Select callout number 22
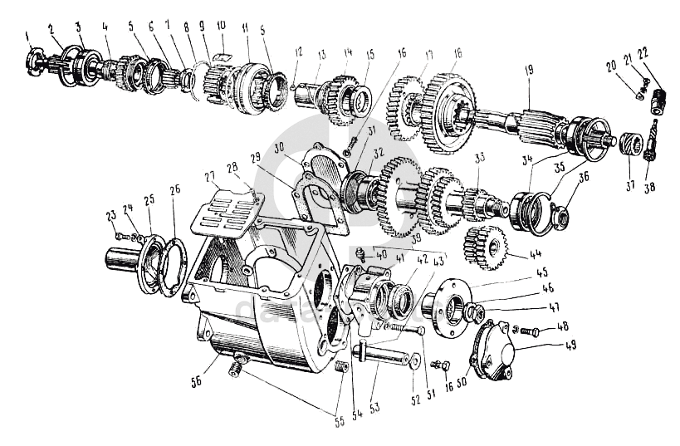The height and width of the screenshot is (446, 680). pyautogui.click(x=643, y=51)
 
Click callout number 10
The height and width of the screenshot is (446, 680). pyautogui.click(x=221, y=27)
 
